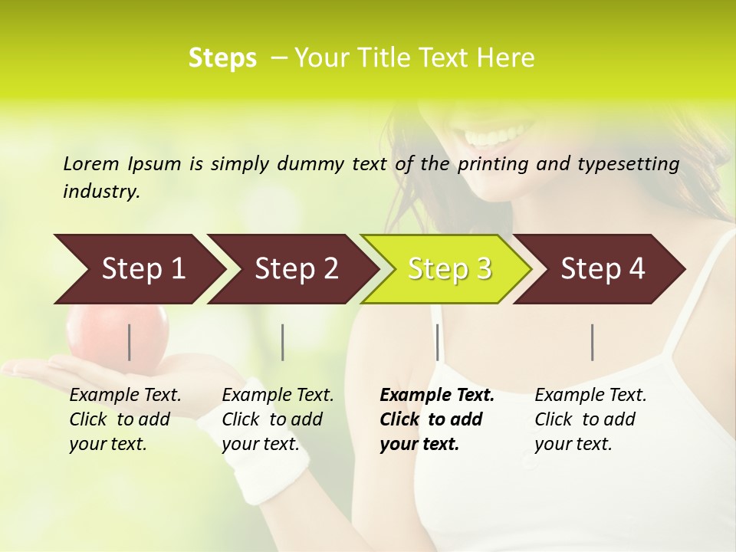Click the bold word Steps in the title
[x=222, y=58]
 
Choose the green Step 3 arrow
[x=449, y=269]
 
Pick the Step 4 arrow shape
[x=603, y=269]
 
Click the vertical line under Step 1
[x=130, y=342]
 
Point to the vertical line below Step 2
[x=283, y=342]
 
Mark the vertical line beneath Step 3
[x=438, y=342]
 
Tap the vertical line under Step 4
[x=593, y=342]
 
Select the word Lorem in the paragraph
[x=90, y=163]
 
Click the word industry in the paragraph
[x=101, y=192]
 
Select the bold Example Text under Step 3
[x=437, y=396]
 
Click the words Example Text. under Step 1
[x=125, y=396]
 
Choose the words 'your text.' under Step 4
[x=573, y=444]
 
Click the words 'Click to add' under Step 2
[x=272, y=419]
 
